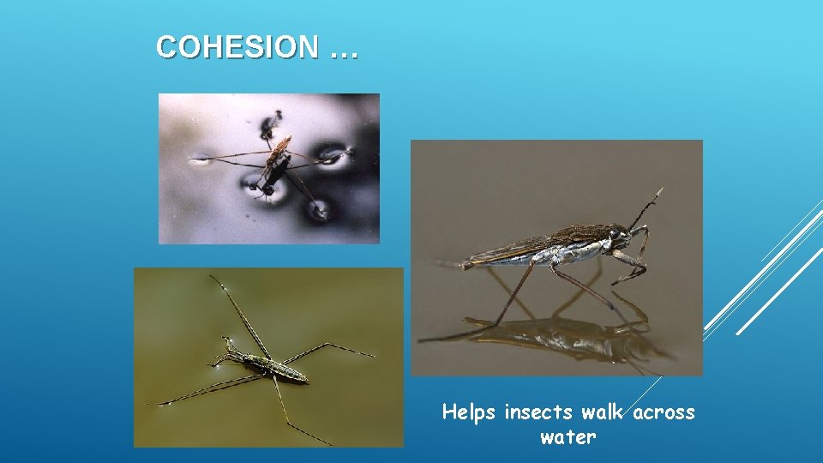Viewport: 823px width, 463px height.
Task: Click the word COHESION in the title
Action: coord(236,48)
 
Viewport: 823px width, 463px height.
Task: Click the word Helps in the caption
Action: coord(469,412)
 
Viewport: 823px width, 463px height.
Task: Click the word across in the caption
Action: coord(664,412)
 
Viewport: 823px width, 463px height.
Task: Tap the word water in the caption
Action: coord(568,437)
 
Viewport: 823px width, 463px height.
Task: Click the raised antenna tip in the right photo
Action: coord(661,189)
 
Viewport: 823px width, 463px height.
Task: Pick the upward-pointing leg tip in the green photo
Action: coord(212,277)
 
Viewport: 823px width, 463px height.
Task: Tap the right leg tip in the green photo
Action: coord(374,354)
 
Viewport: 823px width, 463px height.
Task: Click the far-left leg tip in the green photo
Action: coord(149,404)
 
